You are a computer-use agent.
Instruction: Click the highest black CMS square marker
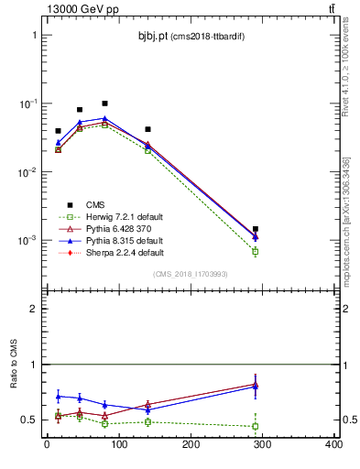pos(105,104)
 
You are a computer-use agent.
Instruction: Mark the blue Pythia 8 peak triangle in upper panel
pos(105,118)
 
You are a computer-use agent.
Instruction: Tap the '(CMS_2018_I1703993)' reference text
pos(191,273)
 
